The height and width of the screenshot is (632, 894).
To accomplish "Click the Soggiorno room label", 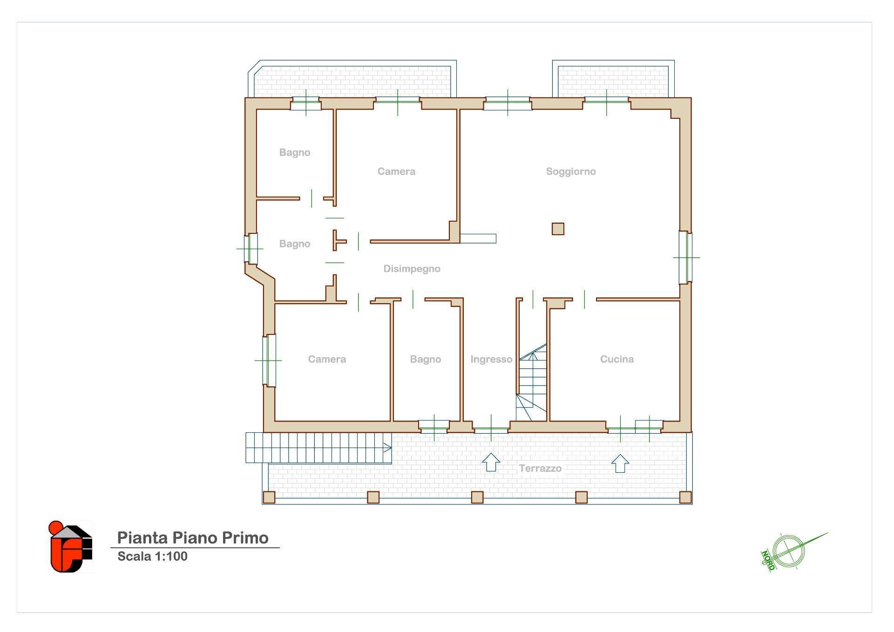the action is click(x=571, y=172).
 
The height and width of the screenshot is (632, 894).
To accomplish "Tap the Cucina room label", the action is click(x=617, y=359).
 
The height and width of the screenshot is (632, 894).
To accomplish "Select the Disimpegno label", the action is click(x=412, y=269).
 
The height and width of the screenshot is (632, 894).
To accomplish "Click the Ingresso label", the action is click(x=491, y=360).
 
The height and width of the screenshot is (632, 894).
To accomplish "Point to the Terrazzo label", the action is click(x=540, y=469).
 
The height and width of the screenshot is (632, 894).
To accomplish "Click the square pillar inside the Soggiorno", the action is click(x=558, y=229).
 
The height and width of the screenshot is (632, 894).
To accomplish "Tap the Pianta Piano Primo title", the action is click(x=193, y=538).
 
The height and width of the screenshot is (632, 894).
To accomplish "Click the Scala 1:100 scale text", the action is click(x=152, y=556).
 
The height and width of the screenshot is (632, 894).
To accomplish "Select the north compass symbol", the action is click(x=792, y=551).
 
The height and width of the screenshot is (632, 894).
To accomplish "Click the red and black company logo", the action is click(x=71, y=547).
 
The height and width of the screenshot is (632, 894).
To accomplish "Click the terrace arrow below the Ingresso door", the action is click(x=491, y=462).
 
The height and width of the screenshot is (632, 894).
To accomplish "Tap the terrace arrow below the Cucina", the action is click(x=620, y=463).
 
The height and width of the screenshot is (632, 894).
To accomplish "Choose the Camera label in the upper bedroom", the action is click(x=396, y=172).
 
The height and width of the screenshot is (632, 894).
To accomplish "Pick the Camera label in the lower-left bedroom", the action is click(x=327, y=360).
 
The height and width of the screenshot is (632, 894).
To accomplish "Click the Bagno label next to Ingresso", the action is click(x=426, y=360).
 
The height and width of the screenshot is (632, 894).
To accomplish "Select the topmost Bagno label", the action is click(x=295, y=153).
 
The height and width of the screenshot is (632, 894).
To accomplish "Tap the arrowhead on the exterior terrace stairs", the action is click(x=387, y=448).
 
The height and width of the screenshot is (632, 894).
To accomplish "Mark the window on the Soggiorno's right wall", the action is click(x=685, y=257).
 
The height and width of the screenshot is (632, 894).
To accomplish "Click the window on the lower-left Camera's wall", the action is click(x=269, y=360).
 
